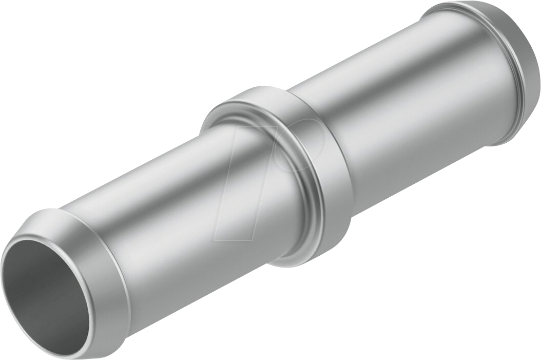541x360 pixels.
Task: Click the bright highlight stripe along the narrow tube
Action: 154,185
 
